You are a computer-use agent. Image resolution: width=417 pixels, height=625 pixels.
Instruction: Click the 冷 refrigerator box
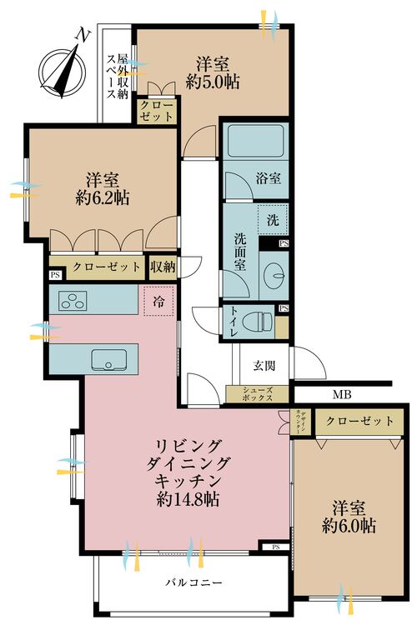point(158,302)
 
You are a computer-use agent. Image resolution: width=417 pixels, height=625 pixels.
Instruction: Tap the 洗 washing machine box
point(272,220)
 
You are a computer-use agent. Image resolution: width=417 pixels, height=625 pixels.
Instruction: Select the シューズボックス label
point(258,395)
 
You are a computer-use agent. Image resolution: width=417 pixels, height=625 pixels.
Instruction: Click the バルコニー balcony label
point(193,582)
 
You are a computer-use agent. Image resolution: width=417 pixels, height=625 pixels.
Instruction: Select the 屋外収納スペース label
point(117,77)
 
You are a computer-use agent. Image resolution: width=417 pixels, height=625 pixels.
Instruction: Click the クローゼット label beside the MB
point(359,422)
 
